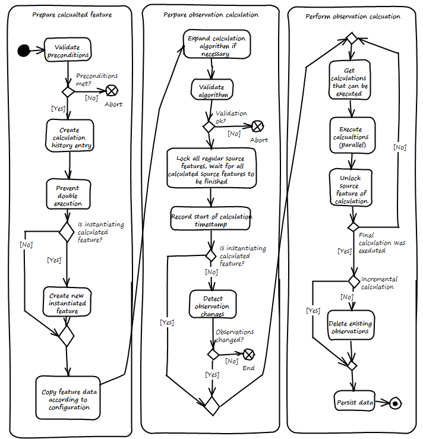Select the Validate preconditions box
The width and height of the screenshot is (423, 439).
coord(68,51)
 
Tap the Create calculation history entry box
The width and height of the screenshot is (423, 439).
coord(69,137)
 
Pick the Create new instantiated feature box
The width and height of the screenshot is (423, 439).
coord(68,303)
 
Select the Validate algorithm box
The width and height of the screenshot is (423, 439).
coord(212,90)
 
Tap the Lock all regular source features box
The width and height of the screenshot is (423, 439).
coord(211,168)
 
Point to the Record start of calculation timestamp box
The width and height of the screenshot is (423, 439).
coord(211,220)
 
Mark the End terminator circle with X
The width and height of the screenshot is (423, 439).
coord(249,354)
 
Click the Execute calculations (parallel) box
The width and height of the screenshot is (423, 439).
coord(350,137)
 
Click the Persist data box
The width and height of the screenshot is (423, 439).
coord(355,402)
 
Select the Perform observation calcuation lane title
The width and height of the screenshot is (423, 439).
coord(352,17)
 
